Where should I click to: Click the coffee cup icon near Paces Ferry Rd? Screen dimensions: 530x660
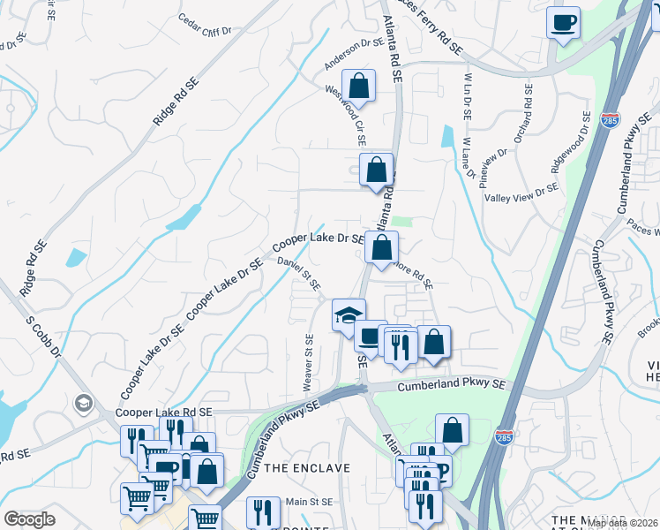(564, 23)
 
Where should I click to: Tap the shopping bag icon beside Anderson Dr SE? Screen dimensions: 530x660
(358, 87)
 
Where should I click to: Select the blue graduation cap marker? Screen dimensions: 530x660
(349, 314)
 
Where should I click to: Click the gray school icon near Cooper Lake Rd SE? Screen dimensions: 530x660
(84, 404)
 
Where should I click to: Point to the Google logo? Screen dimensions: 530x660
(30, 519)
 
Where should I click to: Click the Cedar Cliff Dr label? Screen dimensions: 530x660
(204, 25)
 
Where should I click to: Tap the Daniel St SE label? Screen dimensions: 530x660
(298, 271)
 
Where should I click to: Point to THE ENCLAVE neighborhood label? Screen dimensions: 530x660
(307, 467)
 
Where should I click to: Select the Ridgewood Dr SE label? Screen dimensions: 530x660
(571, 141)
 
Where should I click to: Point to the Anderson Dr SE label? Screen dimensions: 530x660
(354, 53)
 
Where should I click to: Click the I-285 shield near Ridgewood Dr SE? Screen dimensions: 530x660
(610, 118)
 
